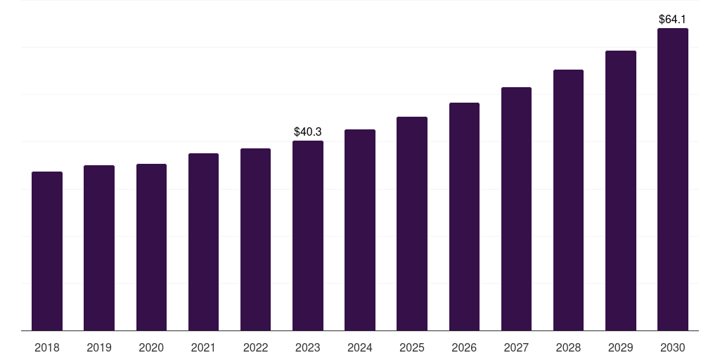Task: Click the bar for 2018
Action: [47, 251]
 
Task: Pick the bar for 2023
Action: [308, 236]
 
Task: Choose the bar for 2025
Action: [412, 224]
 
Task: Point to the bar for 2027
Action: [516, 209]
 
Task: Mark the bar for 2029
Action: [621, 191]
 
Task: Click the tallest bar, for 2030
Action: [673, 179]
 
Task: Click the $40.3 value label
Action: [308, 131]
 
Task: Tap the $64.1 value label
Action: [673, 20]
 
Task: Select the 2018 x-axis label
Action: [47, 347]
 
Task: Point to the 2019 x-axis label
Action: [99, 347]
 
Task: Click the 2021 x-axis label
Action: [203, 347]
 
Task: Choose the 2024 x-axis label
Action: [360, 347]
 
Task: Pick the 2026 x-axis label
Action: [464, 347]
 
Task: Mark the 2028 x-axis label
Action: [568, 347]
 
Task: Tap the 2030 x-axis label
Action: [673, 347]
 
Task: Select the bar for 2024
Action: [360, 230]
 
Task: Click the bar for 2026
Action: [464, 217]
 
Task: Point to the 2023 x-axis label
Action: [308, 347]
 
